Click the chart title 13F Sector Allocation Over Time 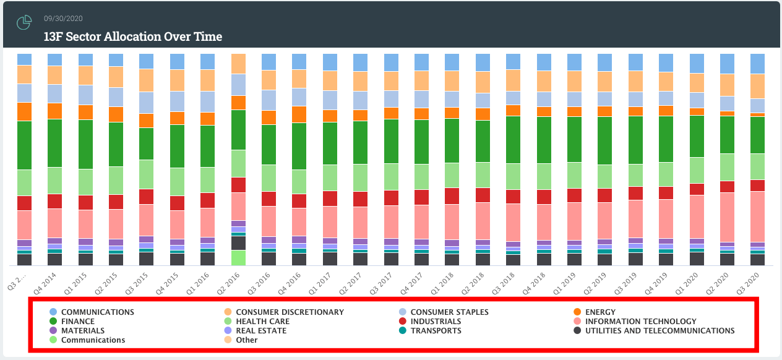132,36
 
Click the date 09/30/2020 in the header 64,18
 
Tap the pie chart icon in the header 24,23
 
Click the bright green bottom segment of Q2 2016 238,257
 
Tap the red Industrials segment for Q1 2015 85,202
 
